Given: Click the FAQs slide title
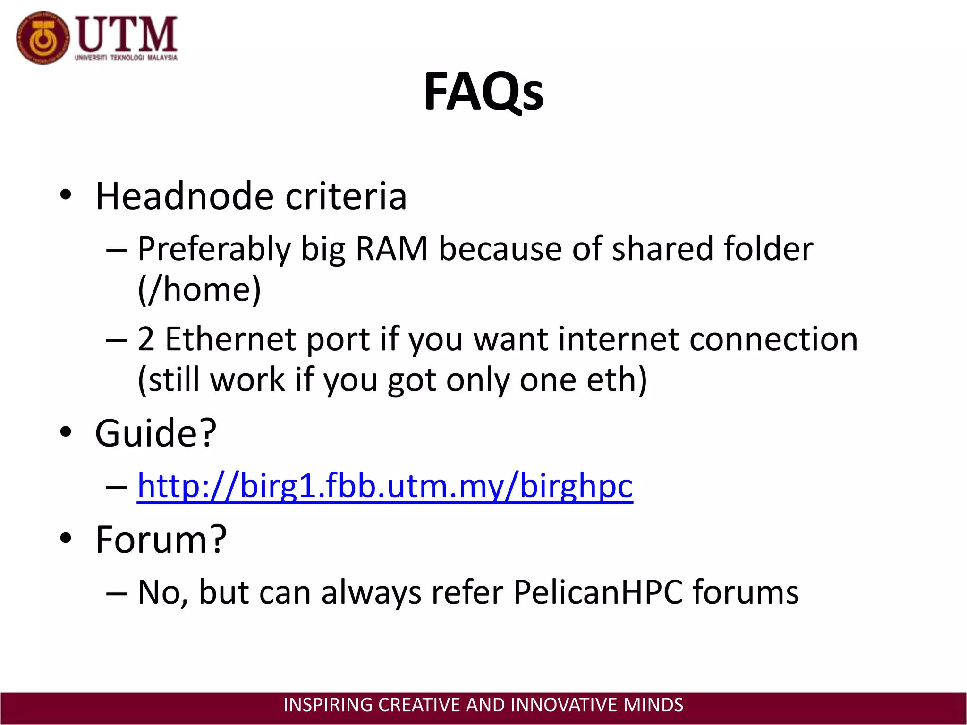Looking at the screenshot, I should point(483,92).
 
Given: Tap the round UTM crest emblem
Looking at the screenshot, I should point(42,38).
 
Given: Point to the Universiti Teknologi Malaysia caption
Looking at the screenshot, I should point(126,58).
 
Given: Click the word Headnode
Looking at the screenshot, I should point(185,196).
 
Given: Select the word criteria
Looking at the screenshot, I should point(346,196).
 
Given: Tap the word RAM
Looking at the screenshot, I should point(391,249).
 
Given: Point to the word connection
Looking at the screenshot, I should point(773,339).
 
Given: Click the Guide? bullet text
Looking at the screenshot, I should point(156,433).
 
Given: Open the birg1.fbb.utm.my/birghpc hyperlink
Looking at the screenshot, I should point(385,486).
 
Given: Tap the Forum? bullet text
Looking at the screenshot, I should point(161,539).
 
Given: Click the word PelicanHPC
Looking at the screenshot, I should point(598,592).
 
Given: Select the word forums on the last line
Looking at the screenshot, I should point(746,592).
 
